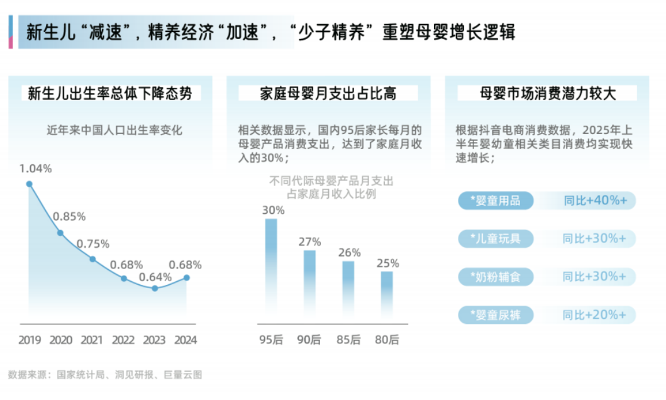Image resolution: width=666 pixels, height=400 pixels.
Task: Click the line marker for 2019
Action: [29, 184]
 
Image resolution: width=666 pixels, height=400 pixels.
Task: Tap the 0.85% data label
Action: [69, 217]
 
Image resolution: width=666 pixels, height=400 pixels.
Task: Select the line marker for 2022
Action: [124, 278]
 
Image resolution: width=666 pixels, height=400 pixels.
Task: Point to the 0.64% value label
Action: [155, 277]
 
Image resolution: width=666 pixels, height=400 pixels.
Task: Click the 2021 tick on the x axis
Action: [92, 340]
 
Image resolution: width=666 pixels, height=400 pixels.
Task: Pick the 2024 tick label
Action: [186, 340]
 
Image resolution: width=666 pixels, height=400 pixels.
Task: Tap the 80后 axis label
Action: [387, 340]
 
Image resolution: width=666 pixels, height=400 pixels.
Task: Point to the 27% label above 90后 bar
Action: [310, 242]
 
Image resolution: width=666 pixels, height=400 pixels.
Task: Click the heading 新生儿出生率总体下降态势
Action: [110, 94]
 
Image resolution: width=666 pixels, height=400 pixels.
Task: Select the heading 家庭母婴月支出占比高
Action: [328, 94]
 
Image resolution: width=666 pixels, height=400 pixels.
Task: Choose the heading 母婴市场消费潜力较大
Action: [547, 94]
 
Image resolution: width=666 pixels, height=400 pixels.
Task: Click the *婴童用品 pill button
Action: [496, 201]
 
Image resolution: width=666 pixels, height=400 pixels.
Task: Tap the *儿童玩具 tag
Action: [496, 239]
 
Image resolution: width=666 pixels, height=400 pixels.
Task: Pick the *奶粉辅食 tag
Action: [496, 277]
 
